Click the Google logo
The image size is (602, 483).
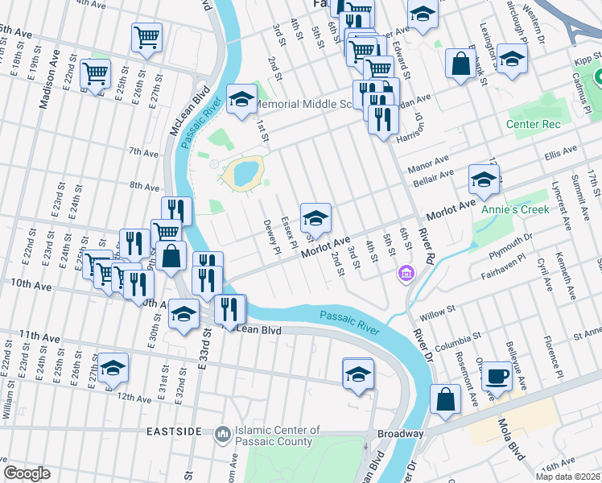click(27, 473)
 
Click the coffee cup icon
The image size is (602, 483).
click(496, 376)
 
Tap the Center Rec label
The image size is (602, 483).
click(533, 124)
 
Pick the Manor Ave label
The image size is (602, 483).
click(427, 167)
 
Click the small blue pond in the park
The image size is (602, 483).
click(244, 171)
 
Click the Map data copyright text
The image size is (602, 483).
click(567, 477)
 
